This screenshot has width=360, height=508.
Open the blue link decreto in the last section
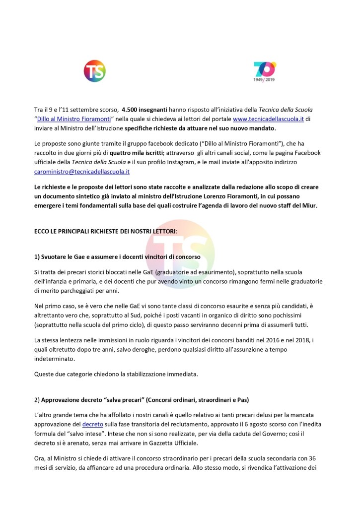click(x=92, y=425)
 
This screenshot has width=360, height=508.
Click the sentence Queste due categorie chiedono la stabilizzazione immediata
click(x=117, y=374)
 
